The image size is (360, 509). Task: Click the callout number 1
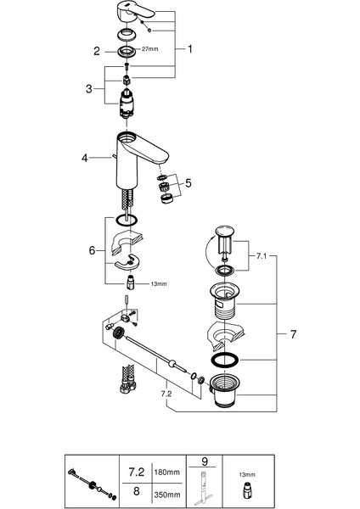pyautogui.click(x=190, y=49)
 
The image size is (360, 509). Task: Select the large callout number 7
pyautogui.click(x=293, y=335)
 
